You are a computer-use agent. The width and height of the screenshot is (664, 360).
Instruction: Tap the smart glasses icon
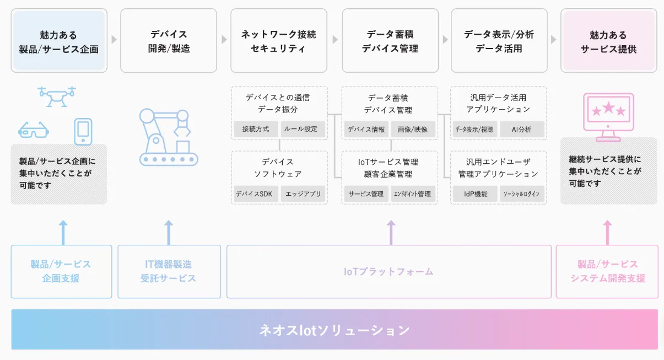(34, 130)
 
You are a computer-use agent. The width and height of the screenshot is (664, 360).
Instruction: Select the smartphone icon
(83, 132)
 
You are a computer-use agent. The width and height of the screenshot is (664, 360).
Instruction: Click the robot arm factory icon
(169, 137)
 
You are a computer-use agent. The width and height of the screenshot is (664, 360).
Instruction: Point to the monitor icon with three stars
(608, 117)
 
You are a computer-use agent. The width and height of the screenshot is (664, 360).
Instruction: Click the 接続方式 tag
(256, 129)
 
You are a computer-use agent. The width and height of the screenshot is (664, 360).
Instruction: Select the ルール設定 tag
(303, 129)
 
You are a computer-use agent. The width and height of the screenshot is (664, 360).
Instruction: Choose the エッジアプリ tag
(303, 194)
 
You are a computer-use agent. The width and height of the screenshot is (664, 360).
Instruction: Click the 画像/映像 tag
(413, 130)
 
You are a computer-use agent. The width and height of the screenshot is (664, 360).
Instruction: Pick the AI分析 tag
(522, 130)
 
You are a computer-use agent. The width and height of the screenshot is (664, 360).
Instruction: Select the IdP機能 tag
(475, 194)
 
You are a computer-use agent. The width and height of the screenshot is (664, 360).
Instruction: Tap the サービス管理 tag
(366, 194)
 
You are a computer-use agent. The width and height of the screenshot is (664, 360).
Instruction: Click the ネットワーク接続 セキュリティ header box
(279, 41)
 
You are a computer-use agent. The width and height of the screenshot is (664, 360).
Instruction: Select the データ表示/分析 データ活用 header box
(499, 41)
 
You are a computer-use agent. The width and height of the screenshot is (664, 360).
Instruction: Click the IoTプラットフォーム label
(388, 272)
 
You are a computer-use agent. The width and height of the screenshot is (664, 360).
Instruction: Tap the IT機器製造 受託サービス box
(169, 271)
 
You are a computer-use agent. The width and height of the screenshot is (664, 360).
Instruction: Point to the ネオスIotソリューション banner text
(334, 330)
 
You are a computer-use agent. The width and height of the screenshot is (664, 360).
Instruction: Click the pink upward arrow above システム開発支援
(607, 233)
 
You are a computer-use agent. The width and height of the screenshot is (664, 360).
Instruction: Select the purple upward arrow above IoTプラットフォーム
(391, 233)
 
